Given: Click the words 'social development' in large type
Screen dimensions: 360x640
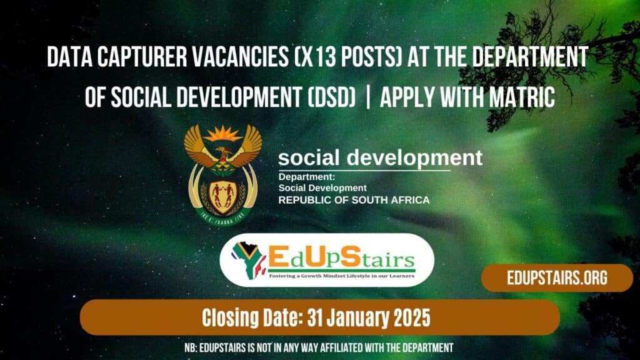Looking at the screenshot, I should (380, 157).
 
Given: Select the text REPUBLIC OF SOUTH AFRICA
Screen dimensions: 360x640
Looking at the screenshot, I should (354, 201).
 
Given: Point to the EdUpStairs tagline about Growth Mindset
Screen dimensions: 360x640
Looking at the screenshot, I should (342, 274).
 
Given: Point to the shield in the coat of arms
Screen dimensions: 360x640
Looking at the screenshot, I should (222, 188).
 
